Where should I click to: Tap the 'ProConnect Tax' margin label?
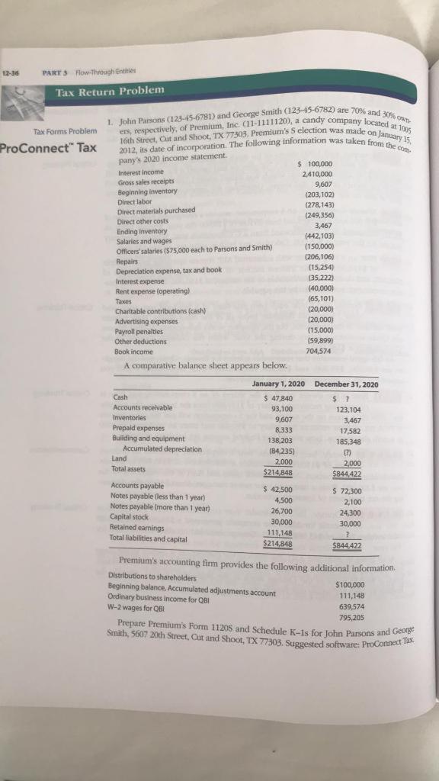48,147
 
